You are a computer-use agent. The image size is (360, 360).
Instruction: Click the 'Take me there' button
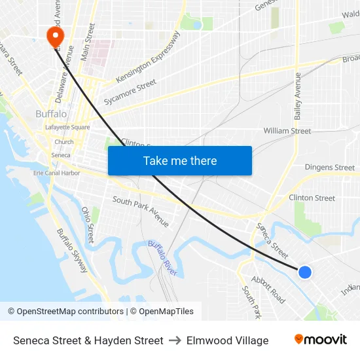(x=179, y=160)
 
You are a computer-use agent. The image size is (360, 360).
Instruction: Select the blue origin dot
(x=304, y=272)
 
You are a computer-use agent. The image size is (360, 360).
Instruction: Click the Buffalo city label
(x=51, y=113)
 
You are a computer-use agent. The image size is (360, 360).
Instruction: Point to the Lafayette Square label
(x=67, y=127)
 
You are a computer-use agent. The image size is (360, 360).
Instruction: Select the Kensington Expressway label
(x=147, y=58)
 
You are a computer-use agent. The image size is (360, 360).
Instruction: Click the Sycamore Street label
(x=130, y=92)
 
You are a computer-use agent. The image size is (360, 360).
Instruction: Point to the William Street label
(x=287, y=131)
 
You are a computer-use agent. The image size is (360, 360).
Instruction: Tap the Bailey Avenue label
(x=298, y=96)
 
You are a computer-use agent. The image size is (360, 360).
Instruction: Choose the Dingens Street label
(x=329, y=168)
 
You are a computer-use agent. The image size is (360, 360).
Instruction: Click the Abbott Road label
(x=268, y=289)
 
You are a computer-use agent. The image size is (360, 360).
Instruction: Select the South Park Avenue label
(x=141, y=211)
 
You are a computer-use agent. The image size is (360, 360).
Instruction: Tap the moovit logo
(x=320, y=340)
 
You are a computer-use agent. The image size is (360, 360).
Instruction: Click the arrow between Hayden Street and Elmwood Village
(x=175, y=340)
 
